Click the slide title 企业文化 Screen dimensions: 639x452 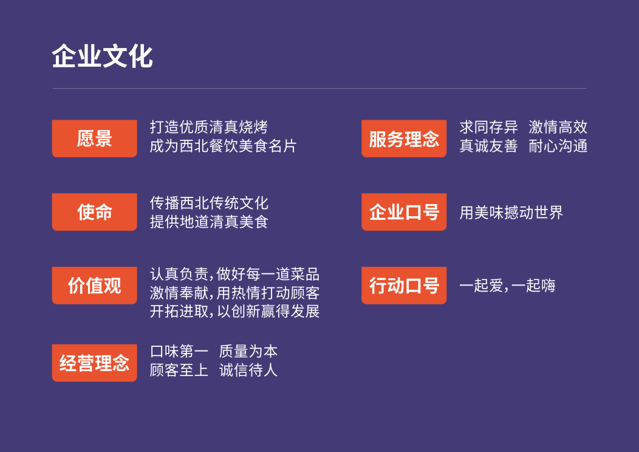point(102,56)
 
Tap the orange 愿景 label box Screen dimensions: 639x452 point(95,139)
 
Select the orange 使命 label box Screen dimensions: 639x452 point(95,212)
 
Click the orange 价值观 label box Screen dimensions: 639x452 point(95,286)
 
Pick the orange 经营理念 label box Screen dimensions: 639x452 point(95,363)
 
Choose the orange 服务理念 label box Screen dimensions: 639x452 point(404,139)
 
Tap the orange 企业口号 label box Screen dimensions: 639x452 point(404,212)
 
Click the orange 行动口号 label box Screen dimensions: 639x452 point(404,286)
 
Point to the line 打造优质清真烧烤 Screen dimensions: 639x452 point(209,127)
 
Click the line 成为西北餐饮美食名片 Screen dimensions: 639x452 point(224,146)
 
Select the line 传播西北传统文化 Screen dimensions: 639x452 point(209,203)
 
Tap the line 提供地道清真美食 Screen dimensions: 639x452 point(209,222)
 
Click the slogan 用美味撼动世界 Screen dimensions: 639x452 point(511,213)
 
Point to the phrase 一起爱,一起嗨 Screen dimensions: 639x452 point(507,286)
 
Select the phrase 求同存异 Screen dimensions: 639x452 point(488,127)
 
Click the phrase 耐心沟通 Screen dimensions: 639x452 point(558,146)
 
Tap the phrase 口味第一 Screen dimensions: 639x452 point(179,351)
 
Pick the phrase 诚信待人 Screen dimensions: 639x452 point(248,370)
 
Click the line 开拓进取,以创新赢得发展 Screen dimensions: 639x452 point(234,312)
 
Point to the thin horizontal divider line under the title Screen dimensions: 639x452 point(319,88)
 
